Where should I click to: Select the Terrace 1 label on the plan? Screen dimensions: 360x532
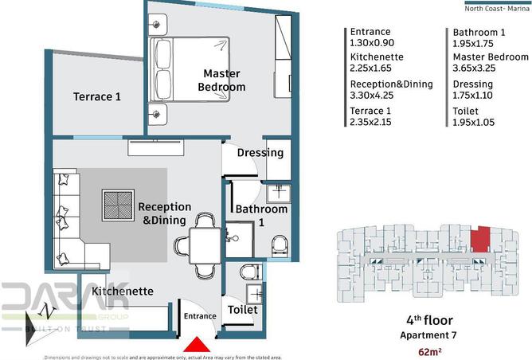pyautogui.click(x=97, y=97)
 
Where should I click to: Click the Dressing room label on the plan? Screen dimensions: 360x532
pyautogui.click(x=260, y=152)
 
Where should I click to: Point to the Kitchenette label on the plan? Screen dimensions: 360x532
pyautogui.click(x=122, y=292)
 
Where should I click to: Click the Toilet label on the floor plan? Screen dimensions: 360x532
pyautogui.click(x=242, y=309)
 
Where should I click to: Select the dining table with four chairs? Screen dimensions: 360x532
pyautogui.click(x=204, y=241)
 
